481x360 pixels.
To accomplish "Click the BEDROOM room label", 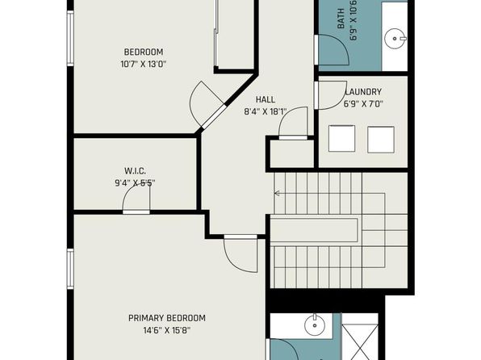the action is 144,52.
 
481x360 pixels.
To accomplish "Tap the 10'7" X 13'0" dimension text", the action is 144,65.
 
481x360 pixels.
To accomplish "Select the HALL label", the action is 266,99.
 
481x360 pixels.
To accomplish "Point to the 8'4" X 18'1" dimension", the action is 265,111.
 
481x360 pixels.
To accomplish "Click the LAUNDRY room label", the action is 364,92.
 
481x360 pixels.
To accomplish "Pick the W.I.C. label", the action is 135,170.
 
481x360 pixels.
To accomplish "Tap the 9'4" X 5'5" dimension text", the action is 135,183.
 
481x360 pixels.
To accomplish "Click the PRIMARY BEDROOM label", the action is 167,318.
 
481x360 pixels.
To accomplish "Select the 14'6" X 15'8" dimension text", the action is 167,330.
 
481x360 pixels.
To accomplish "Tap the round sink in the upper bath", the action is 395,39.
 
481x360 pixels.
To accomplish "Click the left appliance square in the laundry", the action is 341,138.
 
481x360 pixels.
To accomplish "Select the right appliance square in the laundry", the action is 381,140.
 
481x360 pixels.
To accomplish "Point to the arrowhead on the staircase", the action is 276,194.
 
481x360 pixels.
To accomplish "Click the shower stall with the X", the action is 360,337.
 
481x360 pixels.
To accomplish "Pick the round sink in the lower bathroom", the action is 315,325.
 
